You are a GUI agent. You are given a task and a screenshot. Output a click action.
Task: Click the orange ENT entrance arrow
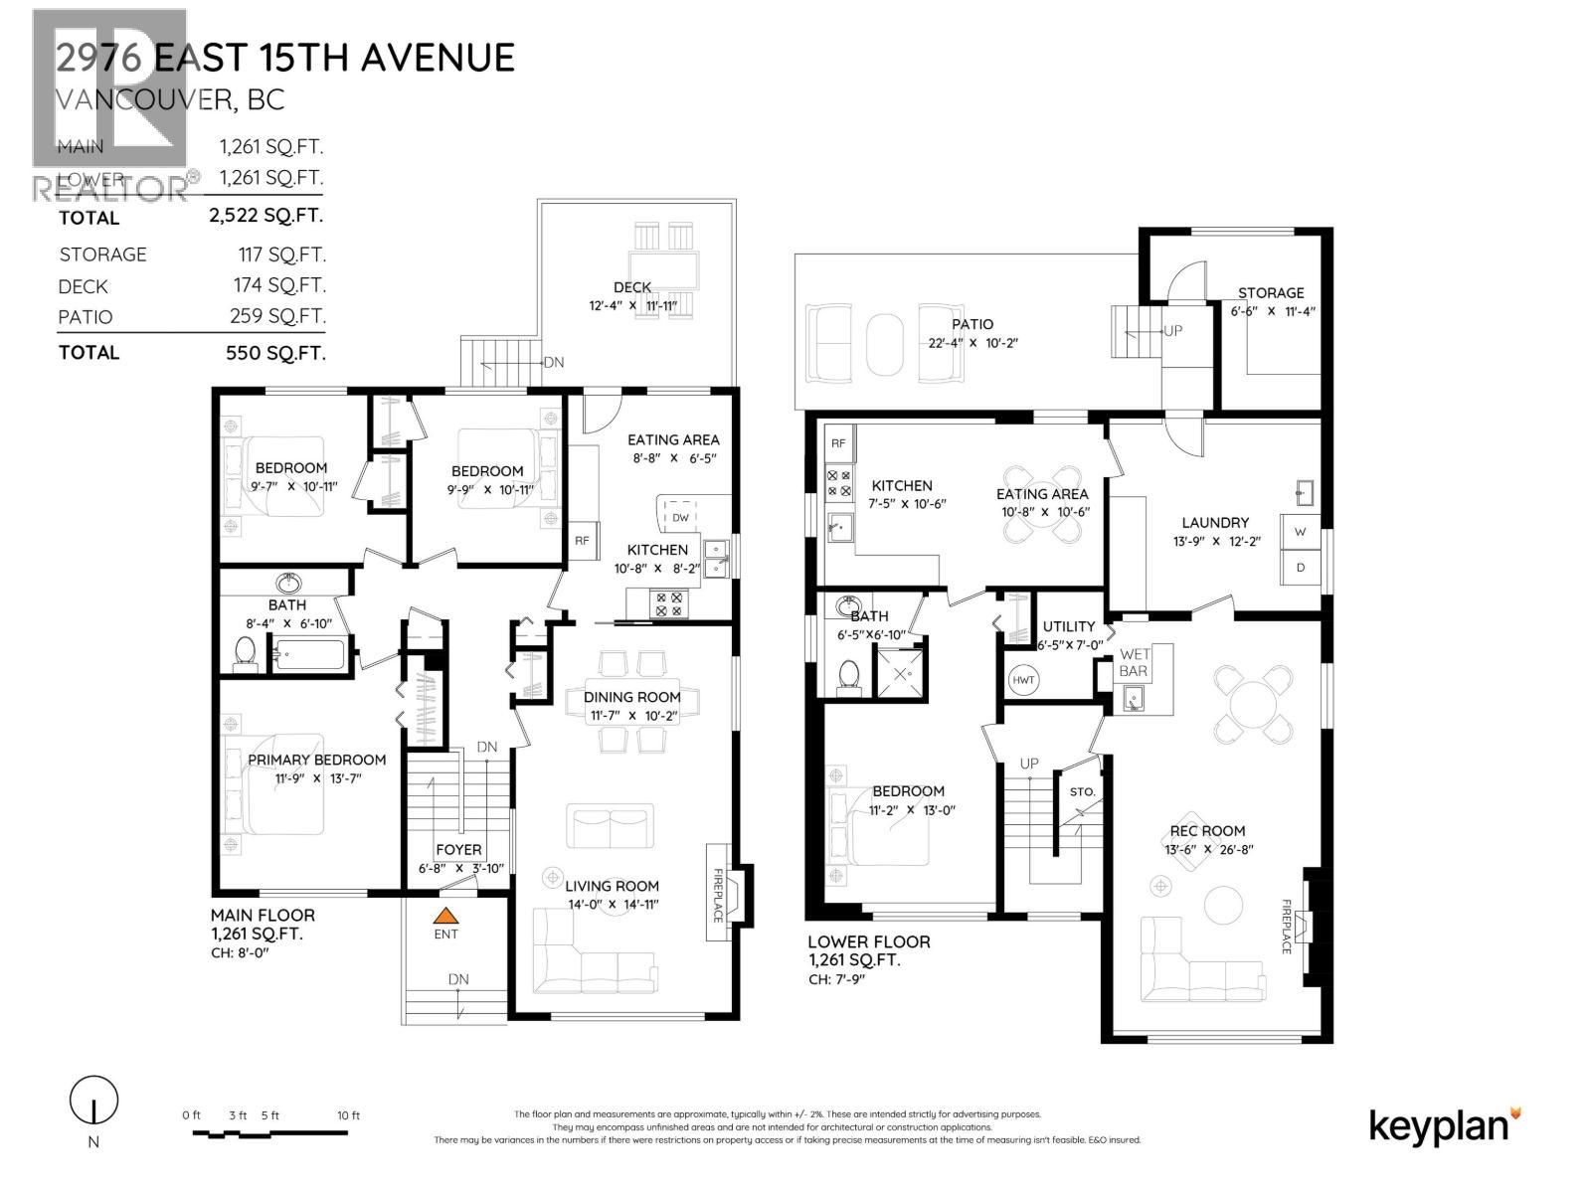(x=446, y=916)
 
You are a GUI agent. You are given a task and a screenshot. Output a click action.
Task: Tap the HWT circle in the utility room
(x=1023, y=680)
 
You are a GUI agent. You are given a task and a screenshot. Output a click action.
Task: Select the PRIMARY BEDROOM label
(x=316, y=760)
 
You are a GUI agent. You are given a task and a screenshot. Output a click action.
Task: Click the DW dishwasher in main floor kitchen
(x=680, y=518)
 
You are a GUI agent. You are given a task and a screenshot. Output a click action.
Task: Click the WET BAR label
(x=1134, y=662)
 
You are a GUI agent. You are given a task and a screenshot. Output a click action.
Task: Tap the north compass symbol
(x=93, y=1101)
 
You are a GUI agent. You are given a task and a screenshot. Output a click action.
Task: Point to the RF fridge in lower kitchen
(x=838, y=443)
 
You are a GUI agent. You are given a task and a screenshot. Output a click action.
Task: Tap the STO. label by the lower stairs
(x=1083, y=792)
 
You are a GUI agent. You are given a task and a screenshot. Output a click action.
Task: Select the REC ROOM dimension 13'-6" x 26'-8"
(x=1208, y=849)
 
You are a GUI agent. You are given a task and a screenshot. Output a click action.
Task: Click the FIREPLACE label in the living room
(x=717, y=896)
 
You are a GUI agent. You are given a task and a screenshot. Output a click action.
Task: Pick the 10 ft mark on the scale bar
(x=348, y=1115)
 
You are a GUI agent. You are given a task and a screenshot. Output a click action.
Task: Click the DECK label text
(x=632, y=287)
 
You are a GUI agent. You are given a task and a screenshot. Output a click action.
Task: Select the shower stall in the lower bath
(x=898, y=673)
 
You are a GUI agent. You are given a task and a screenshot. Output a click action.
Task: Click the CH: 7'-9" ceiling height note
(x=838, y=979)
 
